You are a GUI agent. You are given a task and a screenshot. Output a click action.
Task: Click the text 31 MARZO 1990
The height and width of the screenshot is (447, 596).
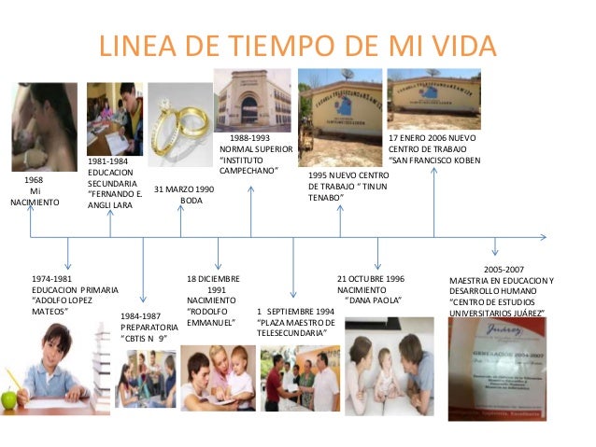click(184, 189)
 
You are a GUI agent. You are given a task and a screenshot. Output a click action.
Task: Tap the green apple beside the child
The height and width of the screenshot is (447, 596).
click(9, 399)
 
